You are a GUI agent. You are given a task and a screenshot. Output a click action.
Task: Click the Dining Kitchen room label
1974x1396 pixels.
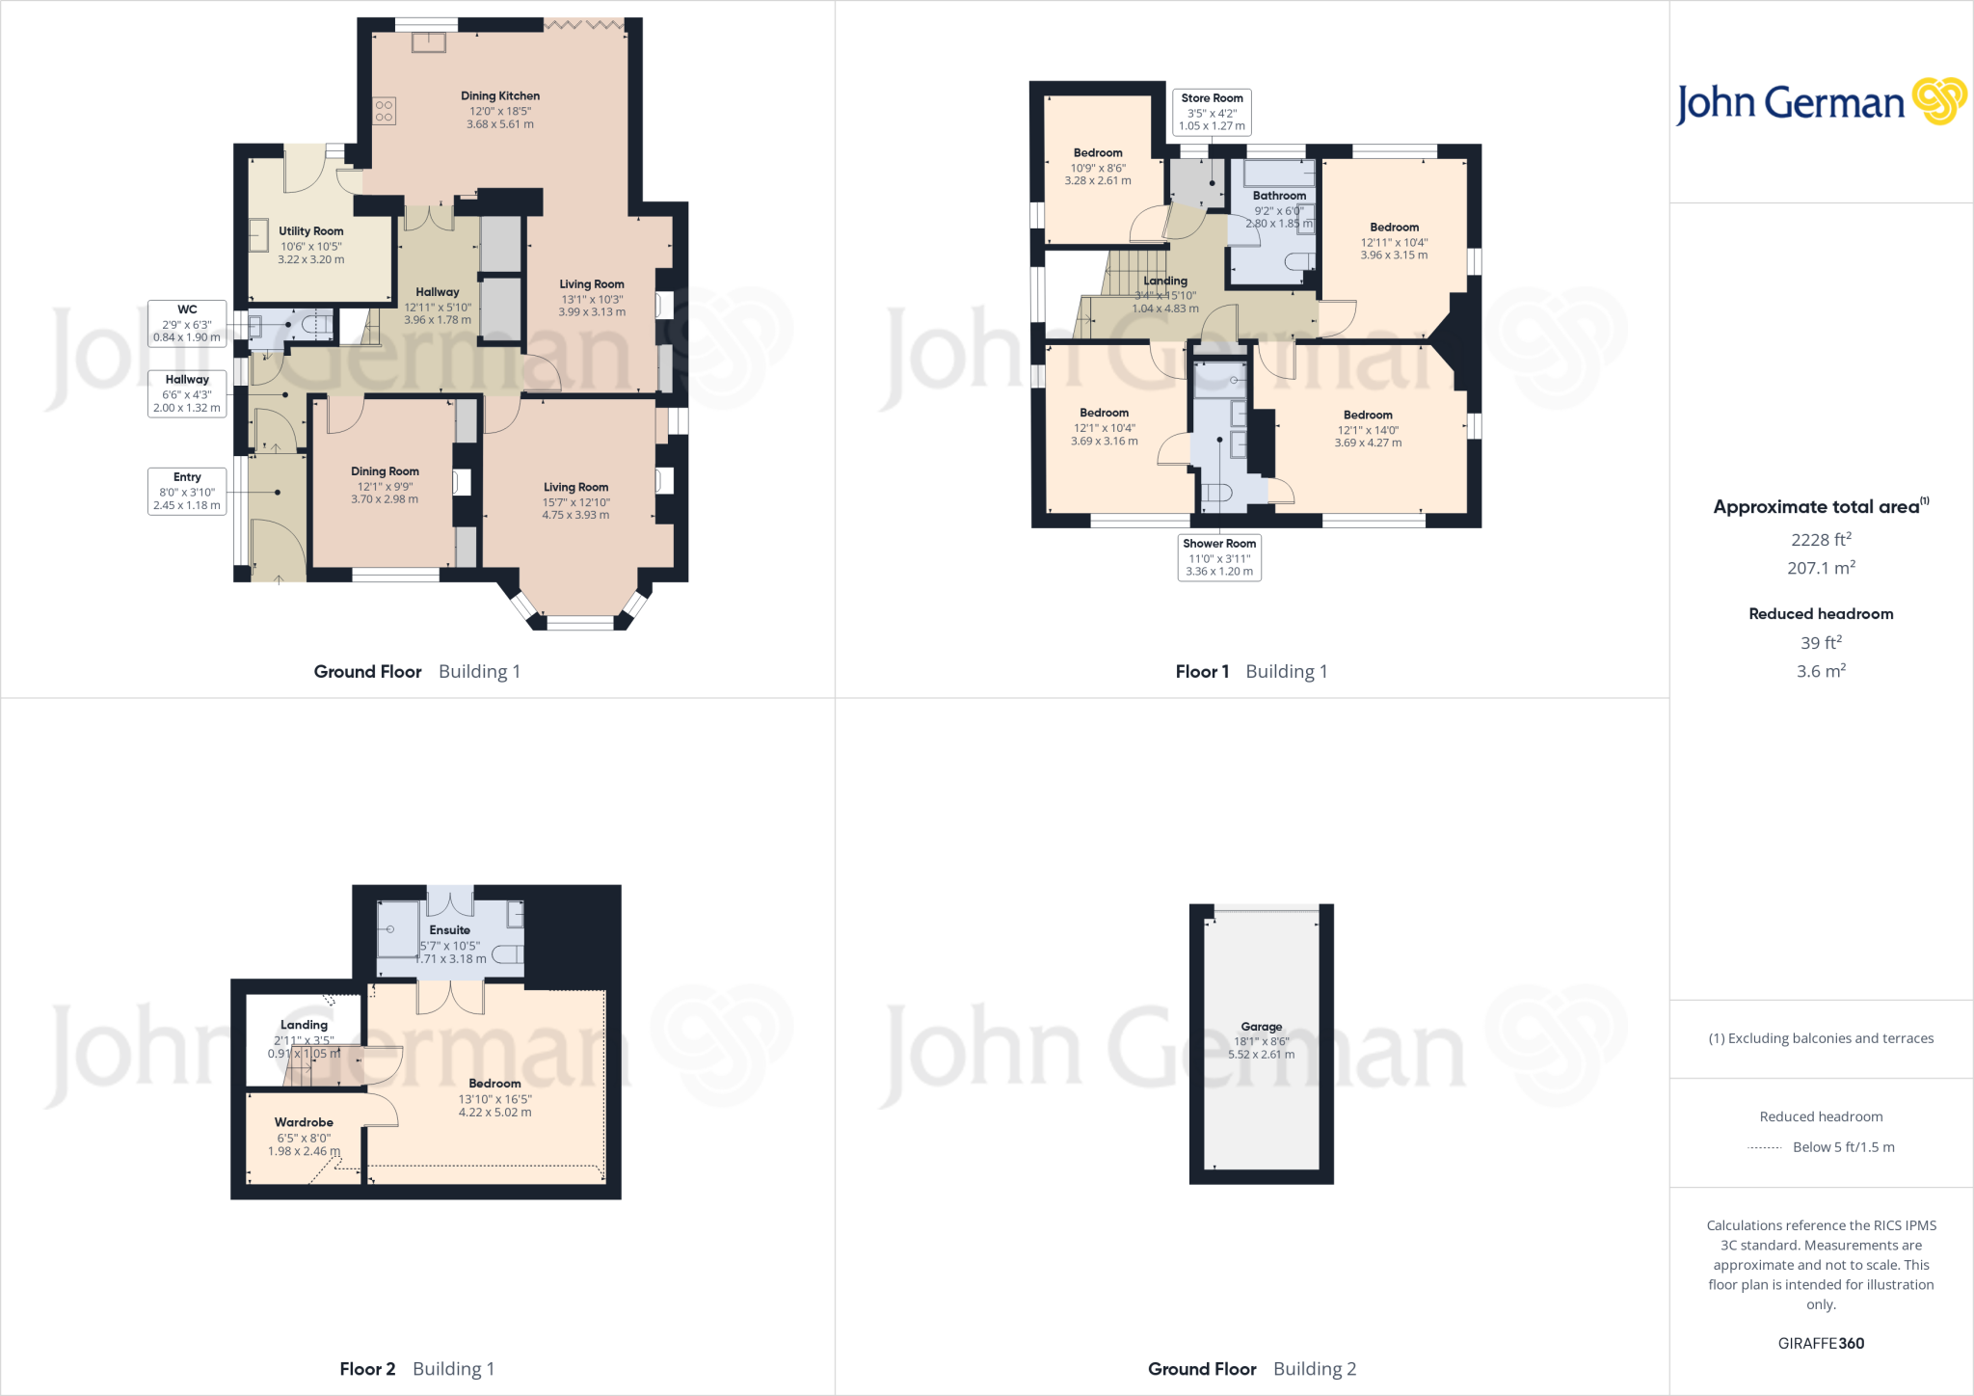(x=499, y=96)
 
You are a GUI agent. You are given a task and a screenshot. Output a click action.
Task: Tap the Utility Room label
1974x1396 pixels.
(x=310, y=231)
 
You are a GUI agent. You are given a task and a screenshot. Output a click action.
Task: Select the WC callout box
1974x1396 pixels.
(x=187, y=323)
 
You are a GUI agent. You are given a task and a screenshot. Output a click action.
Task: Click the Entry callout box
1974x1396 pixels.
(x=187, y=491)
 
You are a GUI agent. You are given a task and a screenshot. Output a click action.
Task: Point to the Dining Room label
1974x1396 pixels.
(x=385, y=471)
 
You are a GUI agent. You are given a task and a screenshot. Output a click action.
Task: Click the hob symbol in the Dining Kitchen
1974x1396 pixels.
(x=384, y=111)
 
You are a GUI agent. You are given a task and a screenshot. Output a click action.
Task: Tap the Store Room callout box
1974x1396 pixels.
(x=1212, y=112)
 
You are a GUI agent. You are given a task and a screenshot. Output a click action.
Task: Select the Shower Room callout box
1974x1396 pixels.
(x=1219, y=557)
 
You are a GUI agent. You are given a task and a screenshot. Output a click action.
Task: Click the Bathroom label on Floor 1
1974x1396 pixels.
(x=1279, y=196)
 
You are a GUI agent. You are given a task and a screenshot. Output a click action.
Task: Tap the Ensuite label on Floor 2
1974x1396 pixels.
(x=450, y=930)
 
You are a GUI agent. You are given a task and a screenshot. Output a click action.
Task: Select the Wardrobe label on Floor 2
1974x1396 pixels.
(x=304, y=1123)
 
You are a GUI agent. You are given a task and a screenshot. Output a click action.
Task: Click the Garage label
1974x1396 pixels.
(x=1261, y=1028)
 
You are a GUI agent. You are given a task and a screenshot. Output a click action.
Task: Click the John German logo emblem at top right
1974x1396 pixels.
(x=1939, y=101)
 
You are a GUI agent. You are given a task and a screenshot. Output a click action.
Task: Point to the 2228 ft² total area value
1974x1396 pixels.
(x=1821, y=540)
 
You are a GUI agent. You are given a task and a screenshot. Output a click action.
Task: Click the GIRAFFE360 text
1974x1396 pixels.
(x=1821, y=1343)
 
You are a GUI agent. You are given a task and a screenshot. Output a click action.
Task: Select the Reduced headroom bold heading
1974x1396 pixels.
(x=1821, y=614)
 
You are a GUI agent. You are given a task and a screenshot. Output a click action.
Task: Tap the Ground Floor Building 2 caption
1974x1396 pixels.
(x=1251, y=1369)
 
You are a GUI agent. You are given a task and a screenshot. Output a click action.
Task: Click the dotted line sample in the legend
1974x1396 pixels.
(x=1764, y=1148)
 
